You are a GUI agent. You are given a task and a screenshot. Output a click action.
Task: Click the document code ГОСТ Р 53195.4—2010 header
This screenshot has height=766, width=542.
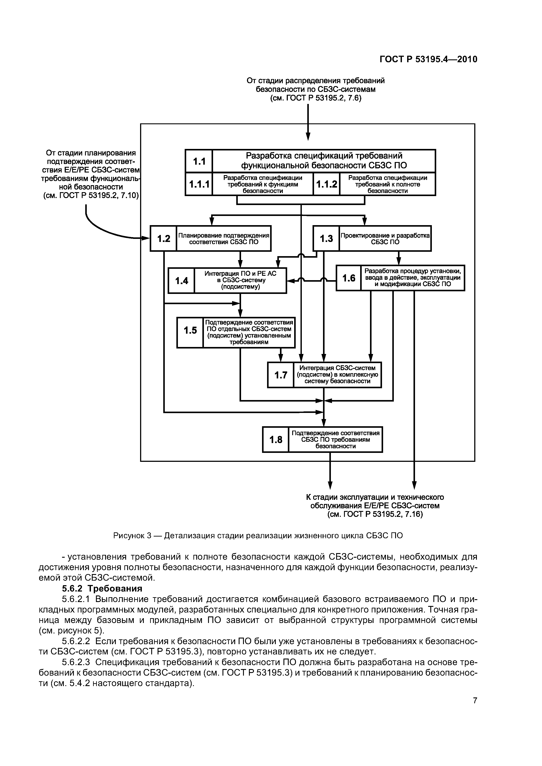[428, 59]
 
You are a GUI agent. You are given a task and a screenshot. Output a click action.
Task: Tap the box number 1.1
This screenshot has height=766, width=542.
[199, 161]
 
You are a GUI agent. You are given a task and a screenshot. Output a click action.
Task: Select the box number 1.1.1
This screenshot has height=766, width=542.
[199, 184]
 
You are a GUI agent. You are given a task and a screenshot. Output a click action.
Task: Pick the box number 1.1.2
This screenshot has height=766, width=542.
[327, 184]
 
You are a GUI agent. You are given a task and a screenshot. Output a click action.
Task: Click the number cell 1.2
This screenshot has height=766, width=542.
[164, 238]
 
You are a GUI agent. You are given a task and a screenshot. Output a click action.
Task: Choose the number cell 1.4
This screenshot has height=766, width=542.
[181, 281]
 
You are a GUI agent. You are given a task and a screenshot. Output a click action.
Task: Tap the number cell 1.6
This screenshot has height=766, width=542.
[349, 278]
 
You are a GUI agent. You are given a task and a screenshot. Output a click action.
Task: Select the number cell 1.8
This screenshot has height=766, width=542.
[276, 440]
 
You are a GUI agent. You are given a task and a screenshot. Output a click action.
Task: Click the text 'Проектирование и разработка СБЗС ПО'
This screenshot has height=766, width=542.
[385, 238]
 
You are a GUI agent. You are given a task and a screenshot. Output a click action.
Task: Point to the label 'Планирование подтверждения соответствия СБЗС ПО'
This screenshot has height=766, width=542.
[224, 238]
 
